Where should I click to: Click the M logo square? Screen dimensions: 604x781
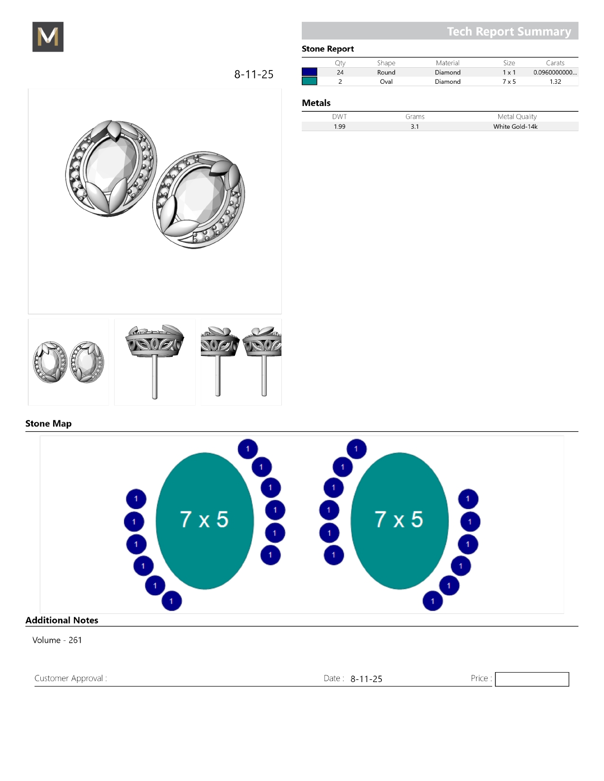(48, 36)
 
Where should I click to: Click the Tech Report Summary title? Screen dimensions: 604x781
(509, 31)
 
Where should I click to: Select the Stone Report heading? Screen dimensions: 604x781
(327, 49)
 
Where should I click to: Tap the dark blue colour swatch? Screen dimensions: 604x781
(309, 72)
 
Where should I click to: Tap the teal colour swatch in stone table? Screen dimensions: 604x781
(309, 81)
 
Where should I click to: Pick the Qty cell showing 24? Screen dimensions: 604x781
(340, 72)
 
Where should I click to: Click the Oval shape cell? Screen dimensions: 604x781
(386, 81)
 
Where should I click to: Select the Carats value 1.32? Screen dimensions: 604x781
(555, 81)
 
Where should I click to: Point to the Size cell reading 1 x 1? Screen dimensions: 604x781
(509, 72)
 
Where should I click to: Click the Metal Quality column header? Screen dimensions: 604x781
(517, 116)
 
